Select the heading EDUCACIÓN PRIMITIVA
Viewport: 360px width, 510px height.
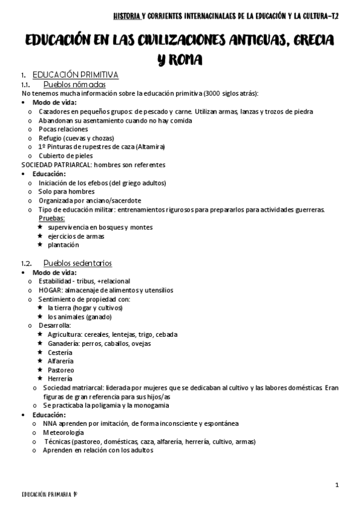(75, 75)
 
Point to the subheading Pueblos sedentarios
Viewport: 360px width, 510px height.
(78, 263)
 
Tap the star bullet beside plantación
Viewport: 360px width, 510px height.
(40, 245)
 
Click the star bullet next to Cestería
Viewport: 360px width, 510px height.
(40, 352)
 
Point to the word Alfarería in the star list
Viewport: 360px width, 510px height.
(61, 361)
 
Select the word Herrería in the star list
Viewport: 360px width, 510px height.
(60, 379)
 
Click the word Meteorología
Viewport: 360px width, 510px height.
(63, 432)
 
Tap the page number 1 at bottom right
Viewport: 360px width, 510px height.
(337, 485)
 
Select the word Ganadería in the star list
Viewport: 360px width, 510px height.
(64, 343)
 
